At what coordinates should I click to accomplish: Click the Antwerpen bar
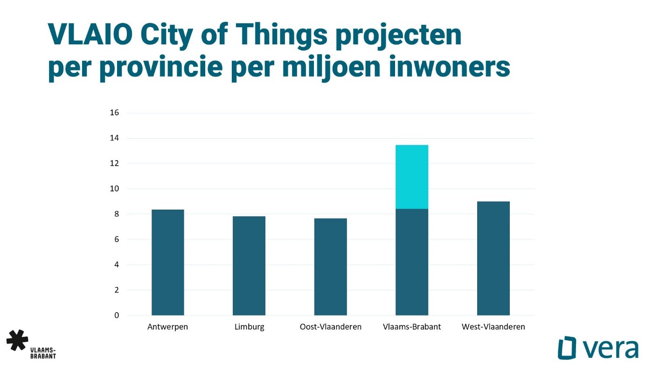tap(168, 262)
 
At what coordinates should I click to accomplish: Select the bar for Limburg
tap(249, 266)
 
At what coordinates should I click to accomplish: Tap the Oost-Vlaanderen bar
tap(331, 267)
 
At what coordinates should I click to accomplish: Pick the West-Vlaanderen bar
tap(493, 258)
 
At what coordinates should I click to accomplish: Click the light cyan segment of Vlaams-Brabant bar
tap(412, 177)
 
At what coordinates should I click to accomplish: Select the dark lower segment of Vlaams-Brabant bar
tap(412, 262)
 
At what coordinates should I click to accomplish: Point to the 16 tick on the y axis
tap(114, 112)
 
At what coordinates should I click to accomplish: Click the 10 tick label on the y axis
tap(114, 189)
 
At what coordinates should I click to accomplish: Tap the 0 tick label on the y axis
tap(117, 315)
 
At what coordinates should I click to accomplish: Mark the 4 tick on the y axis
tap(117, 265)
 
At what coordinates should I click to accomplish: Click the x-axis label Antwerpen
tap(167, 327)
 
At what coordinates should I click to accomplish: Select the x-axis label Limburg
tap(249, 327)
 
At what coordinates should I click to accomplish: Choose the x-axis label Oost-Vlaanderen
tap(331, 327)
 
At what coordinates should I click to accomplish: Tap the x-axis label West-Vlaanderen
tap(493, 327)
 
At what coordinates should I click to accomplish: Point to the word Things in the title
tap(284, 36)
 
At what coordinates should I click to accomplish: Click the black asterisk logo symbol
tap(17, 340)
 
